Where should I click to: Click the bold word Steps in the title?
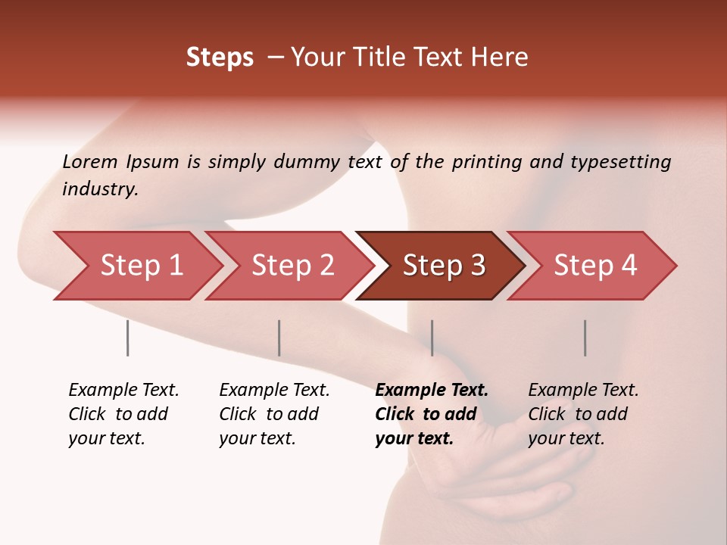click(220, 58)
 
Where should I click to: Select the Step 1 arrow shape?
click(141, 265)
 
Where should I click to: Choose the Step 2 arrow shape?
click(292, 265)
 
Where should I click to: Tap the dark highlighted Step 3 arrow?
click(444, 265)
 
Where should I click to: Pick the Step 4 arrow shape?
click(595, 265)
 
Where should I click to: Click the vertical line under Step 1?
click(127, 338)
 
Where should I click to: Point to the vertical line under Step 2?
click(279, 338)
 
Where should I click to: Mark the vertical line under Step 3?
click(432, 338)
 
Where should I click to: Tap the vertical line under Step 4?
click(585, 338)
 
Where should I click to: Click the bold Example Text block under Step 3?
click(431, 414)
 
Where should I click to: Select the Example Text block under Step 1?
click(123, 414)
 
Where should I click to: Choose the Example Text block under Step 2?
click(274, 414)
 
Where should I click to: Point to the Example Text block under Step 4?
click(583, 414)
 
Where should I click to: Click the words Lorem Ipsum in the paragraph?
click(120, 162)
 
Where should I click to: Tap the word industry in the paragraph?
click(99, 189)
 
